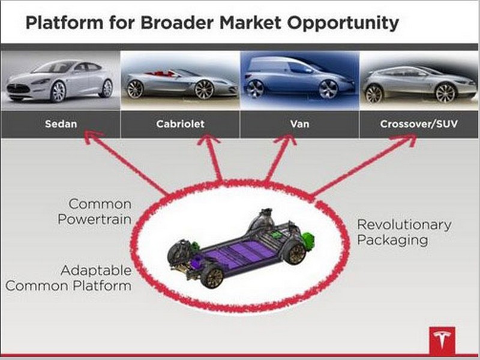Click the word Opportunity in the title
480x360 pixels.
pos(343,23)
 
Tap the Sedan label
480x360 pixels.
pos(61,124)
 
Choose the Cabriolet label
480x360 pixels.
pos(180,124)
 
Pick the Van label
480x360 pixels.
pos(299,124)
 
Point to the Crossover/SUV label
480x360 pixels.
pos(419,124)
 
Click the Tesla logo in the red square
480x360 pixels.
pos(442,340)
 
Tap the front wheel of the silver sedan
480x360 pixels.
pos(58,92)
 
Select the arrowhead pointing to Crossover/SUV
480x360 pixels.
pos(406,139)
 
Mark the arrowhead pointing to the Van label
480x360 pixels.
pos(286,139)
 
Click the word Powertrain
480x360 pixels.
pos(94,219)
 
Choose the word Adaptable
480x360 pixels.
pos(96,271)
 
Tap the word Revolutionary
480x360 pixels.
pos(404,224)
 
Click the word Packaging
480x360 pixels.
pos(392,240)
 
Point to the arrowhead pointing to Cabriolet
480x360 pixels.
pos(209,140)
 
